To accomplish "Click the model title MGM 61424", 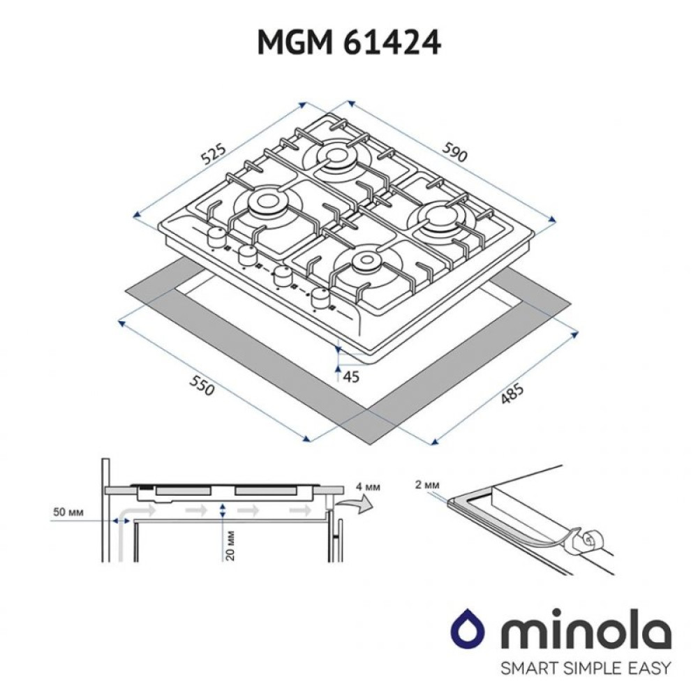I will (349, 43).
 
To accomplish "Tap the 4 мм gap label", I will (368, 487).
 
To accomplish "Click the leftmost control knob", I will (215, 239).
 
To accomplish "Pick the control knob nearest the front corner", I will (320, 298).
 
